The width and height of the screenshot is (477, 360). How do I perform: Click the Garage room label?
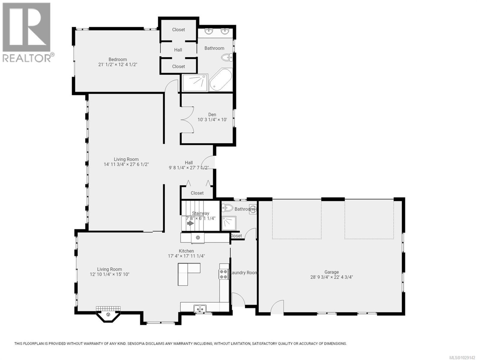[331, 272]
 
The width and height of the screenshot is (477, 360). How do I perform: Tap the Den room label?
[212, 115]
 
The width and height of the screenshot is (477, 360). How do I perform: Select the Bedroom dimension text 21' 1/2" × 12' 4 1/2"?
[118, 64]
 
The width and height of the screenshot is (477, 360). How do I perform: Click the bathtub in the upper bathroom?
[220, 80]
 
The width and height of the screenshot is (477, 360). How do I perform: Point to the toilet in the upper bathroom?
[226, 57]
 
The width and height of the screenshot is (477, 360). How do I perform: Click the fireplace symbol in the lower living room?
[108, 314]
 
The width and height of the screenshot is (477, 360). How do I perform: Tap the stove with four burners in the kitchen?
[223, 274]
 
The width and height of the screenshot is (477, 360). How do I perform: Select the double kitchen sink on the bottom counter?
[200, 308]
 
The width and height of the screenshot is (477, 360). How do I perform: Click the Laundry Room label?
[243, 273]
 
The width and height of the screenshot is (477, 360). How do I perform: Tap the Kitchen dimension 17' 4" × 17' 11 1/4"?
[186, 256]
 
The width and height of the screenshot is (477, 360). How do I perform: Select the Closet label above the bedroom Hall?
[178, 30]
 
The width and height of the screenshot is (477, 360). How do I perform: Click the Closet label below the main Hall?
[197, 193]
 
